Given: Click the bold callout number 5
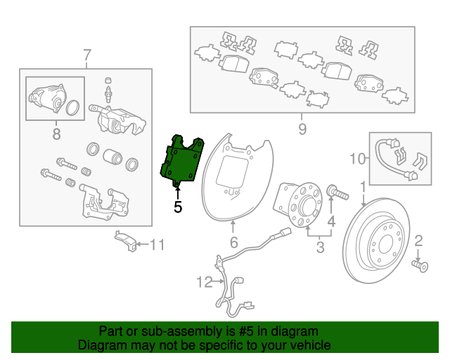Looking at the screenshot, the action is [178, 207].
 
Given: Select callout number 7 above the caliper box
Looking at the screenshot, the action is [87, 55].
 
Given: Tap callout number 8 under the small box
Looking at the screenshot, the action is [56, 134].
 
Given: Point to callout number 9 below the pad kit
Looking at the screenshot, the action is [302, 129].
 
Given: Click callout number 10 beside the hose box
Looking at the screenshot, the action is [358, 158].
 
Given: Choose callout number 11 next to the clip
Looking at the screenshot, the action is [157, 245].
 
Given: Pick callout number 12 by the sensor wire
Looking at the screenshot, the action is [205, 282].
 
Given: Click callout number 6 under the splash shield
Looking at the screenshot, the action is [234, 242].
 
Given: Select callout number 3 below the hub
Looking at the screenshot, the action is [320, 247].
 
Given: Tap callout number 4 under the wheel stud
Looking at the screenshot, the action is [331, 221].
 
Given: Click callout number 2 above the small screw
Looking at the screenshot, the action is [418, 241].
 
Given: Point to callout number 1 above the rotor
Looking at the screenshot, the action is [363, 186].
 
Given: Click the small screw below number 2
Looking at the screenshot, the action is [420, 266].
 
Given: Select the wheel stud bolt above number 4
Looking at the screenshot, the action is [337, 193].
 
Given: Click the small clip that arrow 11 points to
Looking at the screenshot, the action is [125, 240].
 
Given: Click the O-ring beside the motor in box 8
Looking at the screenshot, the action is [72, 108].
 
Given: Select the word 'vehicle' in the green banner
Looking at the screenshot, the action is [312, 345].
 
